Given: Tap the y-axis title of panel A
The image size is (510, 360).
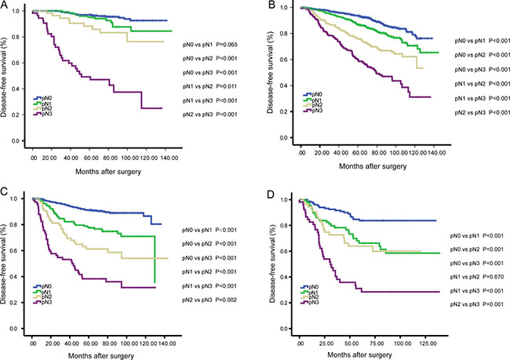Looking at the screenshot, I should [6, 80].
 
